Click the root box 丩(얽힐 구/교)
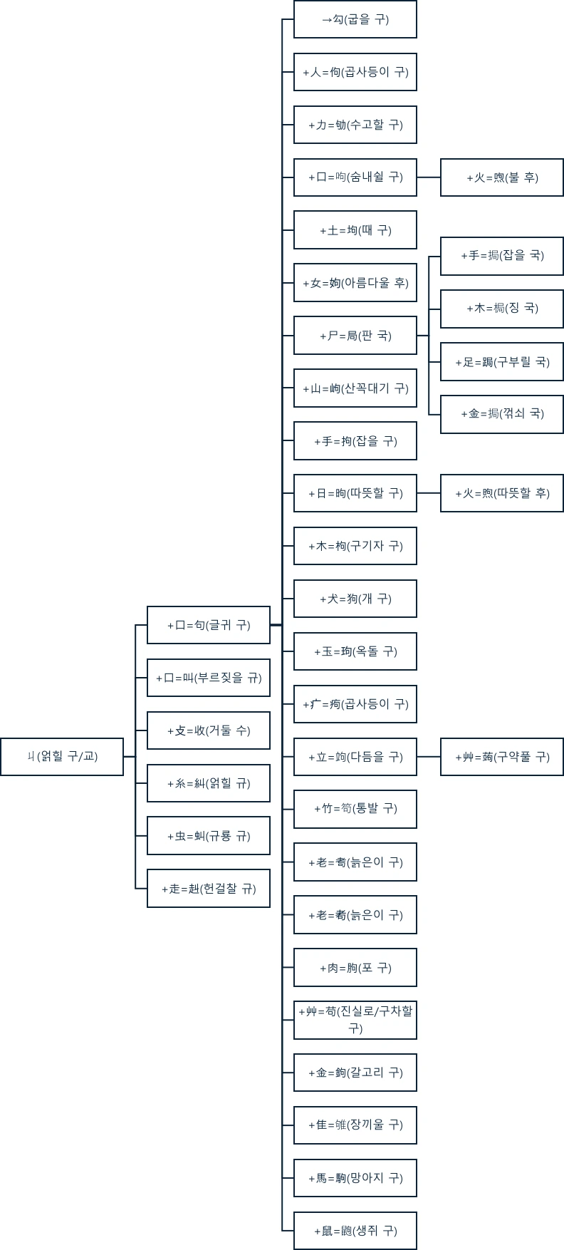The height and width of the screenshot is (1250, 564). [x=62, y=756]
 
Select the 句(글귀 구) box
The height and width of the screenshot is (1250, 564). [x=208, y=625]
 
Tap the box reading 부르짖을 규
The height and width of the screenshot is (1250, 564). [x=208, y=678]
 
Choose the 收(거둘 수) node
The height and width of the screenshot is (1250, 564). [x=208, y=730]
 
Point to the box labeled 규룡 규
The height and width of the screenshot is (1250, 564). [x=208, y=836]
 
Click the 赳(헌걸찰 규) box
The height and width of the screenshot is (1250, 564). [x=208, y=889]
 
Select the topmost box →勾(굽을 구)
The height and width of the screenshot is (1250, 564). [x=355, y=19]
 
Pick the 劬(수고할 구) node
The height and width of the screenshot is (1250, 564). [x=355, y=125]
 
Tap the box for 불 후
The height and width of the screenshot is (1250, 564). [x=501, y=177]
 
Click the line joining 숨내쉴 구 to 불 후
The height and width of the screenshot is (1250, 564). [x=428, y=177]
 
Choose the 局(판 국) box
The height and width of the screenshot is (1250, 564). [x=355, y=336]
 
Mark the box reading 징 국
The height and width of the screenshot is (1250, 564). [x=501, y=309]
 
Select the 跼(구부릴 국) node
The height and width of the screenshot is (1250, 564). [x=501, y=362]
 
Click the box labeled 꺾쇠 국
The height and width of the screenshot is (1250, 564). [x=501, y=414]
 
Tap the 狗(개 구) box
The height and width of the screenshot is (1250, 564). [x=355, y=599]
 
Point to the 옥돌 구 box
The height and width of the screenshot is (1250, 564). [x=355, y=651]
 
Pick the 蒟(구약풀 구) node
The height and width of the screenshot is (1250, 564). [x=501, y=757]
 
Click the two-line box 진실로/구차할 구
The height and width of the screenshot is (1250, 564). [x=355, y=1020]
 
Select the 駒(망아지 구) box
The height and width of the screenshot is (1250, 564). [x=355, y=1178]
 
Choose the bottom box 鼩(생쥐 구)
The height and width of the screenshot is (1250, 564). [x=355, y=1231]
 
